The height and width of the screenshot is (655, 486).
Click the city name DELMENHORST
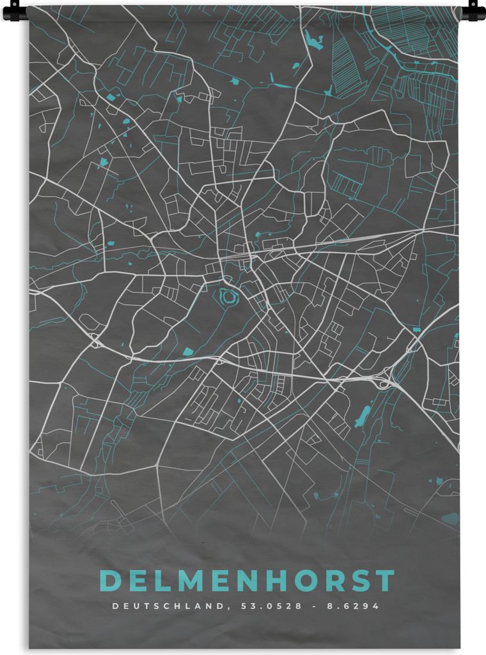247,581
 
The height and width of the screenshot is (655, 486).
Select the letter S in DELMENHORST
358,581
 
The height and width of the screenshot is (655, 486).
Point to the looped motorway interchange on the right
384,383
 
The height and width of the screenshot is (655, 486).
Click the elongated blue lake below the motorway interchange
363,416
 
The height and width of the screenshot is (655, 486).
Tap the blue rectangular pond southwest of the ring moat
187,351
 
